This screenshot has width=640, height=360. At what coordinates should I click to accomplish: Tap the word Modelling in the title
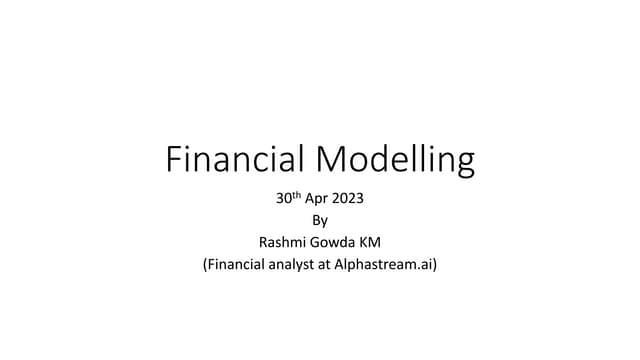coord(395,160)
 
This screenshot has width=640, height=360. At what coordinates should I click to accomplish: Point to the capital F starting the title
coord(171,159)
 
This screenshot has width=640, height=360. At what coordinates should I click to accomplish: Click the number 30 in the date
coord(283,198)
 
